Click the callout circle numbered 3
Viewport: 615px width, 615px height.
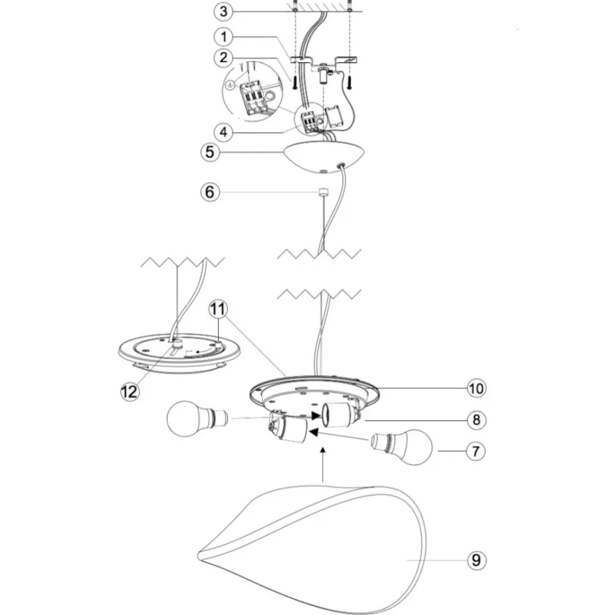(x=223, y=11)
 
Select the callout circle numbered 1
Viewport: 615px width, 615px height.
(x=224, y=37)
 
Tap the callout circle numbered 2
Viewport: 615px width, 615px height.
(x=224, y=57)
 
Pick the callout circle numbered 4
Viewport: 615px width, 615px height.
(x=223, y=132)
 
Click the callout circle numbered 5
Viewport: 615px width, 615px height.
(x=210, y=152)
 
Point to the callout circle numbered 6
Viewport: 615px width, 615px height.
(x=210, y=192)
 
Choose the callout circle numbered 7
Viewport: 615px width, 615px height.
(x=476, y=451)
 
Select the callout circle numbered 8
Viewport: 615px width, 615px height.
(x=476, y=420)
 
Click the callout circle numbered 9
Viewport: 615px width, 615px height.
(x=477, y=560)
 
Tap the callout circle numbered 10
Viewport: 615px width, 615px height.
(x=476, y=389)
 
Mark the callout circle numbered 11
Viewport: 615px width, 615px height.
(x=218, y=309)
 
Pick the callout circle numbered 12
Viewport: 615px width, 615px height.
(x=130, y=391)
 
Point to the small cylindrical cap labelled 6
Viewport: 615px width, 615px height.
(x=323, y=192)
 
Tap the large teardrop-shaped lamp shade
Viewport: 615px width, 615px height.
(x=312, y=549)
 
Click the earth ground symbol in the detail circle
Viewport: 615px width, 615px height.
(x=231, y=84)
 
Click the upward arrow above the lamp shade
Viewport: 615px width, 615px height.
(x=323, y=464)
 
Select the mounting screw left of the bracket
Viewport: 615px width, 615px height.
(x=294, y=82)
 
